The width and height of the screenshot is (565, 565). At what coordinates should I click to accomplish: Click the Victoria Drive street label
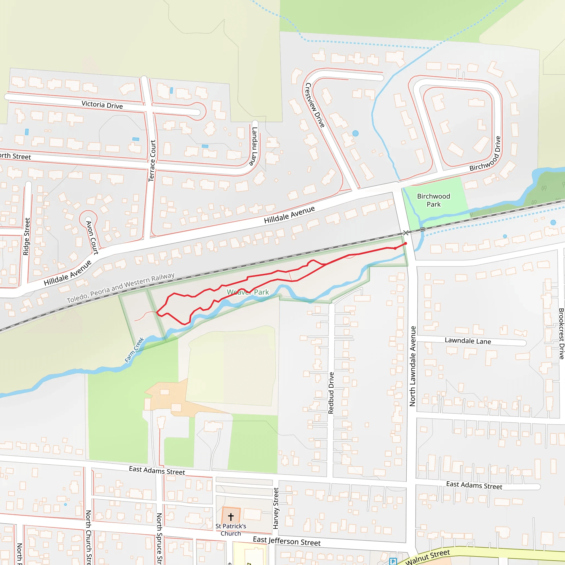(x=102, y=105)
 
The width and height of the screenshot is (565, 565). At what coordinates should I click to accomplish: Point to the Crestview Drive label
(x=315, y=105)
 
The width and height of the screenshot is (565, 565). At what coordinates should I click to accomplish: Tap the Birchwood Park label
(x=433, y=200)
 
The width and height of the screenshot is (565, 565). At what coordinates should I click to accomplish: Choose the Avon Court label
(x=92, y=238)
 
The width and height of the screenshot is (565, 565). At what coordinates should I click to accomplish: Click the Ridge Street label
(x=26, y=236)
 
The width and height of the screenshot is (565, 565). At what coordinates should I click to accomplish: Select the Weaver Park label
(x=248, y=292)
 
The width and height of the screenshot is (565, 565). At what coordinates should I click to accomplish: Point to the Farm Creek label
(x=134, y=350)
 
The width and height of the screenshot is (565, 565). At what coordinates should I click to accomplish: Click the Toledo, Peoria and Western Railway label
(x=121, y=288)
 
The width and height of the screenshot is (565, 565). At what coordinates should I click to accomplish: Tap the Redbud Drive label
(x=331, y=393)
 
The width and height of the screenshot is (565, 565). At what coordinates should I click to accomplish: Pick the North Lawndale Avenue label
(x=412, y=366)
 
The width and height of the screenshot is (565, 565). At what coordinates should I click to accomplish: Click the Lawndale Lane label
(x=468, y=341)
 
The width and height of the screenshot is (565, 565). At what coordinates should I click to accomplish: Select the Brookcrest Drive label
(x=561, y=333)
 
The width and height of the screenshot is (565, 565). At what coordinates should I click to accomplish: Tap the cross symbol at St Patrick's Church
(x=231, y=517)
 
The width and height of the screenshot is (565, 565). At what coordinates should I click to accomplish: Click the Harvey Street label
(x=276, y=508)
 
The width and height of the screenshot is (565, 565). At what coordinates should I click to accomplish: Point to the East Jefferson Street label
(x=287, y=541)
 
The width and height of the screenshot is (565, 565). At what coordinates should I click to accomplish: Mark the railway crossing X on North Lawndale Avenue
(x=406, y=233)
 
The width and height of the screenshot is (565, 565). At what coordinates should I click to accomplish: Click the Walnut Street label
(x=427, y=557)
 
